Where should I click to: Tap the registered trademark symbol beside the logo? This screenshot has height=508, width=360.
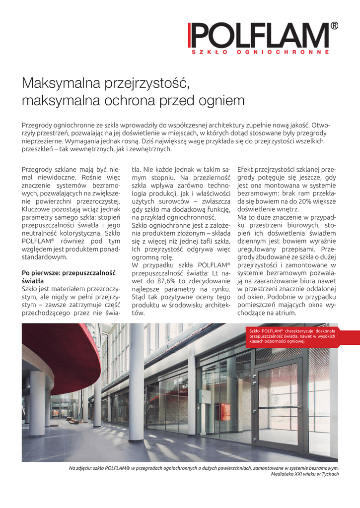334,26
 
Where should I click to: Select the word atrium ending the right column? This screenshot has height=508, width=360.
286,313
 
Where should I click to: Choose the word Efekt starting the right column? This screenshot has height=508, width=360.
247,168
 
